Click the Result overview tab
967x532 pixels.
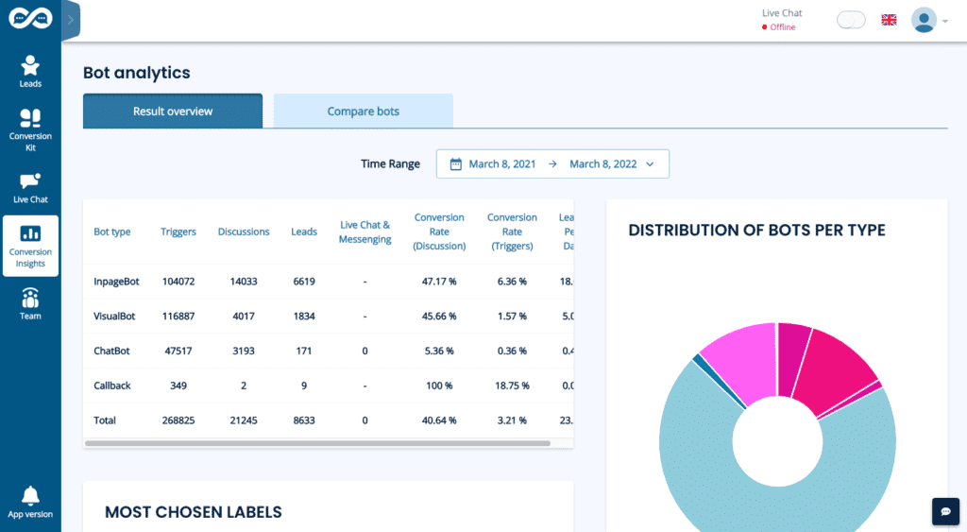click(173, 112)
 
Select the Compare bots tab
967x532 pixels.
click(363, 112)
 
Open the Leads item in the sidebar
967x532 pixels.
click(30, 71)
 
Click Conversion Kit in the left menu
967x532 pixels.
click(30, 129)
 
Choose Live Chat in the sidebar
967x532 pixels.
click(30, 187)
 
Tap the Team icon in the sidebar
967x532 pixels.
click(30, 303)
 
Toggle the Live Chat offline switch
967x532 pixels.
click(851, 20)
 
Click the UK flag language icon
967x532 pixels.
click(889, 20)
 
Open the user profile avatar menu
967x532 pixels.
click(925, 20)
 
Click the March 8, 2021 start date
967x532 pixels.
click(502, 164)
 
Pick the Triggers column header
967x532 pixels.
click(178, 232)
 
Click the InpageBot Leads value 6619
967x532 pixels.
click(304, 282)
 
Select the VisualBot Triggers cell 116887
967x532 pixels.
click(178, 317)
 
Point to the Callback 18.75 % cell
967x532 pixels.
click(511, 386)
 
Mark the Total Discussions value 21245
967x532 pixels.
click(244, 420)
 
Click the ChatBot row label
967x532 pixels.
click(111, 351)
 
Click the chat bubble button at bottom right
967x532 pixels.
click(945, 510)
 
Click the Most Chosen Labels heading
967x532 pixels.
click(194, 512)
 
